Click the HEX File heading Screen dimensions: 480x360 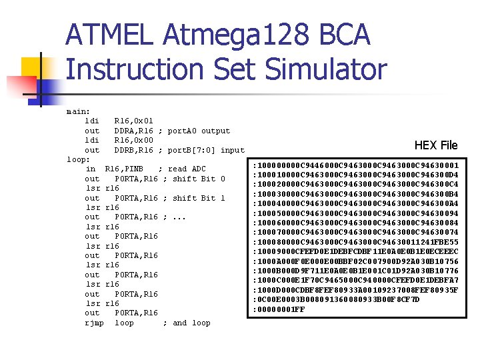[436, 145]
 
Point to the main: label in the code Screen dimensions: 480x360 [79, 111]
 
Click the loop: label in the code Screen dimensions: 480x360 [79, 159]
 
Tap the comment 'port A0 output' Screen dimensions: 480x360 [199, 131]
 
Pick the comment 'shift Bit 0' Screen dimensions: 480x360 [199, 179]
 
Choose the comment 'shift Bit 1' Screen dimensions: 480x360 [199, 198]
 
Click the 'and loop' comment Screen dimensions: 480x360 [191, 323]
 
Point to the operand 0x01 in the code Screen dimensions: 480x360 [143, 121]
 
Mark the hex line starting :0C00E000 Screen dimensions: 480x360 [337, 300]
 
